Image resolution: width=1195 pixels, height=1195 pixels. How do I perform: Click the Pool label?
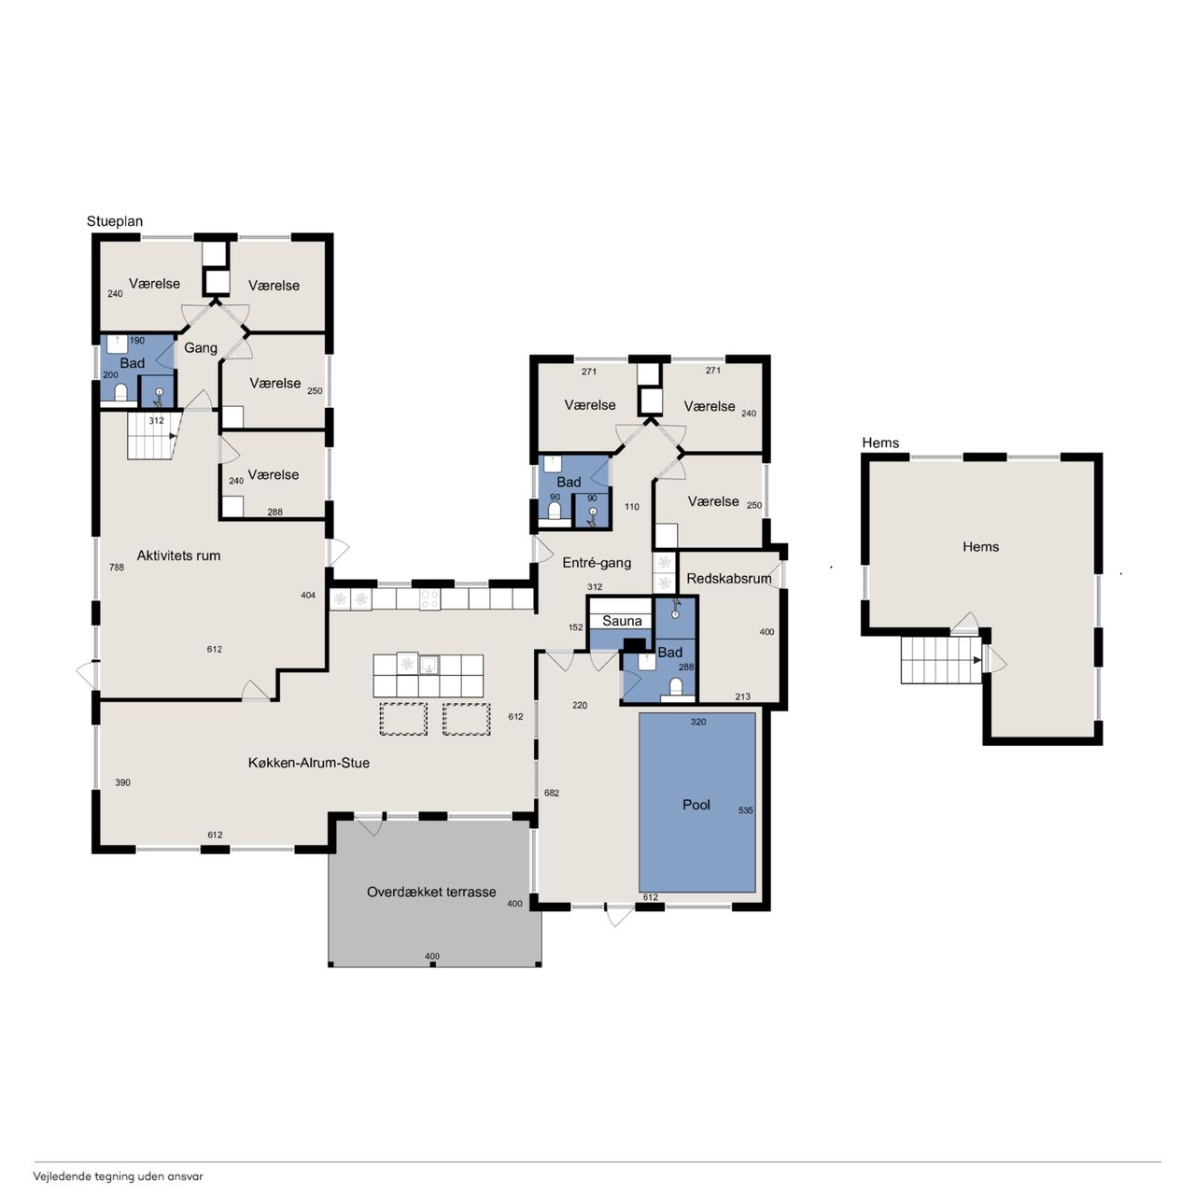(x=696, y=805)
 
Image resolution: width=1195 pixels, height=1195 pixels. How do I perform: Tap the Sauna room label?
(x=622, y=621)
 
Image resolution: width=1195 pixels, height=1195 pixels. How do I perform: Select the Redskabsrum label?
(x=728, y=578)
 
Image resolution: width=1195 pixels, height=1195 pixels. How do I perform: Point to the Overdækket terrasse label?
(x=431, y=892)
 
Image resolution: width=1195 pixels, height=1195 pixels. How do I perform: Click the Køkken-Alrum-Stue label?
(x=309, y=762)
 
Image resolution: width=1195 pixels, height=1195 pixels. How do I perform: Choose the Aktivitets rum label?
(x=178, y=555)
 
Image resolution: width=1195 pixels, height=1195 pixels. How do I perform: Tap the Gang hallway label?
(x=201, y=348)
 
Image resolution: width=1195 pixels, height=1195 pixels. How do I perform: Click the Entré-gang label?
(x=597, y=562)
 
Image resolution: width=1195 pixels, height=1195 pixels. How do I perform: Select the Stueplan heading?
(x=115, y=221)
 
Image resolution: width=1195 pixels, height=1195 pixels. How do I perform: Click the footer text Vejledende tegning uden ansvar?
(x=119, y=1175)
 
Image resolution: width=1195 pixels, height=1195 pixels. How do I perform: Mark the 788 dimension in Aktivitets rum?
(x=117, y=567)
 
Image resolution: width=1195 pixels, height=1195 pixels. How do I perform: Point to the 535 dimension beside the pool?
(x=745, y=810)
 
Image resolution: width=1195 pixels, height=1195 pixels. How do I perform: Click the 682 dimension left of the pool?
(x=552, y=793)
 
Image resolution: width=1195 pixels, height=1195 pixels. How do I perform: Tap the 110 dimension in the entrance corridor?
(x=632, y=507)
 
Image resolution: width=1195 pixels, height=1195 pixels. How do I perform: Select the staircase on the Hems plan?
(x=941, y=660)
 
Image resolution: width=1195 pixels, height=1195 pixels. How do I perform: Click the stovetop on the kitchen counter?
(x=429, y=599)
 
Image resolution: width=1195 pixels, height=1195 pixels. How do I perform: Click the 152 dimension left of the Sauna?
(x=575, y=627)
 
